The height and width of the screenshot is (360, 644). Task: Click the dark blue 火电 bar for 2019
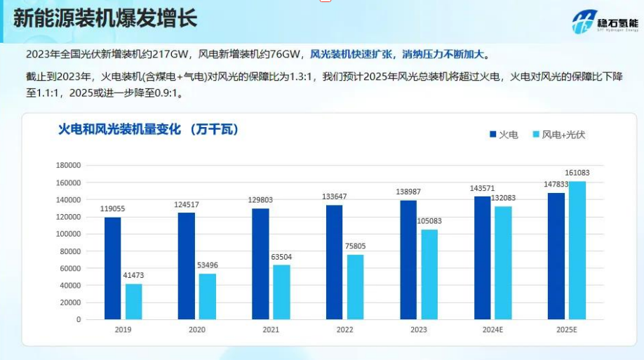pos(112,268)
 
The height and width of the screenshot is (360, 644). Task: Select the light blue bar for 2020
pos(207,296)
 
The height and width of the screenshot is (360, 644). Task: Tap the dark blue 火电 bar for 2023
pos(408,260)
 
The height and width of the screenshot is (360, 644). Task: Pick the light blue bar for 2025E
pos(577,251)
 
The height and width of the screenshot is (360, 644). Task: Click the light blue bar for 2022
pos(355,286)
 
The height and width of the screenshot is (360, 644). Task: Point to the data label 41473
pos(133,276)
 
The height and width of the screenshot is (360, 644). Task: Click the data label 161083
pos(577,173)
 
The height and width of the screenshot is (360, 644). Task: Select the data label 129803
pos(260,200)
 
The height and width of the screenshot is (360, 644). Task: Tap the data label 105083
pos(429,221)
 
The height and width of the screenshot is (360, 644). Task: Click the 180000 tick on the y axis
pos(69,166)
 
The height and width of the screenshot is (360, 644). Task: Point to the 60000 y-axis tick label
pos(71,268)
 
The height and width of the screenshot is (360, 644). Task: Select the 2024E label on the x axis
pos(492,330)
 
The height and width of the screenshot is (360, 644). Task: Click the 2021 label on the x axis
pos(271,330)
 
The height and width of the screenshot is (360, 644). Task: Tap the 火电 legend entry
pos(504,134)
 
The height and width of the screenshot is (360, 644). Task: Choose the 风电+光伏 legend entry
pos(558,134)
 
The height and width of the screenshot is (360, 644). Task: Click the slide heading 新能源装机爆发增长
pos(105,18)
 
